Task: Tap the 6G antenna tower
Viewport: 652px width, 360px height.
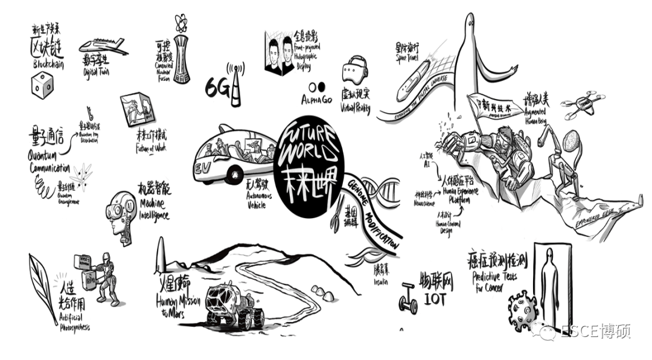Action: pos(237,85)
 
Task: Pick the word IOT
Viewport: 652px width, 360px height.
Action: pos(433,297)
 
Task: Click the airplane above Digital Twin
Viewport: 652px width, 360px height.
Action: pos(103,46)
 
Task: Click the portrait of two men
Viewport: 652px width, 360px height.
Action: pos(282,55)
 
